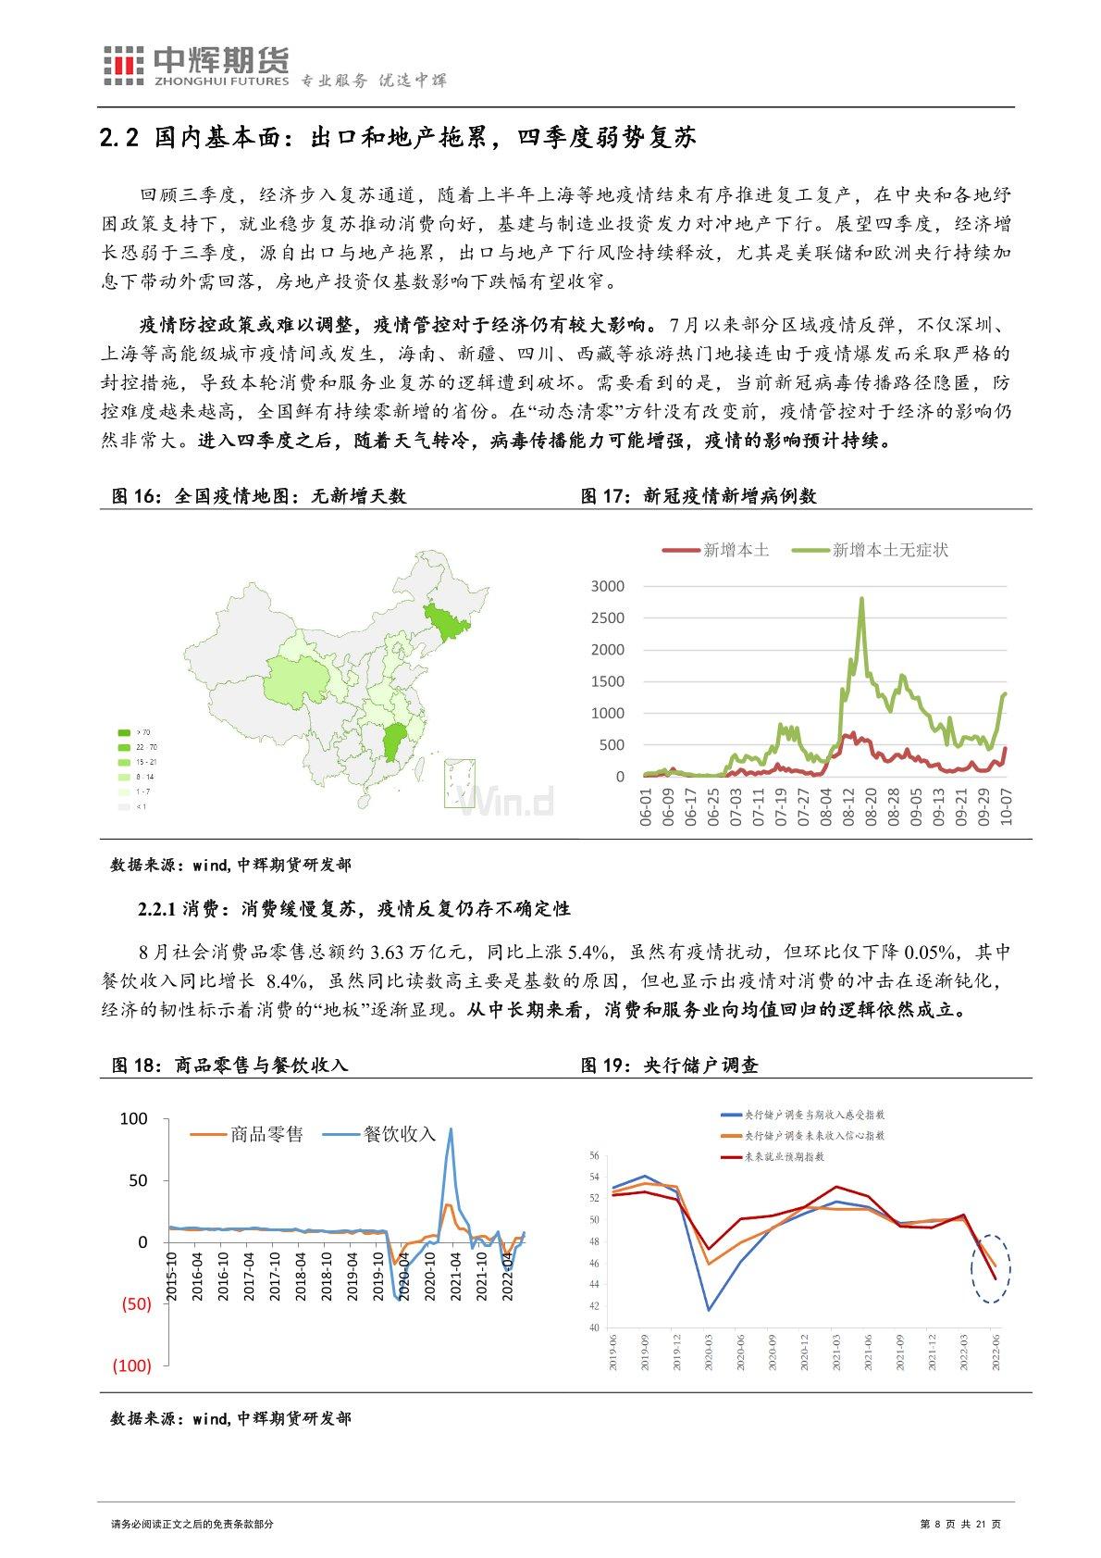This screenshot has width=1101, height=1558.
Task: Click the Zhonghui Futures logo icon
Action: click(123, 66)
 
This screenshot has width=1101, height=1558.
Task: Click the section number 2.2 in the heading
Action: click(119, 140)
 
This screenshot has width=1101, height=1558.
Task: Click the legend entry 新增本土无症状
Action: click(889, 550)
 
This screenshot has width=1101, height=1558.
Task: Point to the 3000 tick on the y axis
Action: click(608, 586)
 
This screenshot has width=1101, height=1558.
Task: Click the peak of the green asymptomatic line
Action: click(862, 598)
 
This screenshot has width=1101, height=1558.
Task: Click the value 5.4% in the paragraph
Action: click(586, 953)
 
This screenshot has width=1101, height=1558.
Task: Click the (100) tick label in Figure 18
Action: click(131, 1365)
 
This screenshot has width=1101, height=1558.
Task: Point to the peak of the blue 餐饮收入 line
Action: click(451, 1128)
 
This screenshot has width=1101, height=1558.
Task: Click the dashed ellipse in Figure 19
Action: click(990, 1268)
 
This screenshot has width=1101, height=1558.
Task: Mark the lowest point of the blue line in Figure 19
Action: click(710, 1310)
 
